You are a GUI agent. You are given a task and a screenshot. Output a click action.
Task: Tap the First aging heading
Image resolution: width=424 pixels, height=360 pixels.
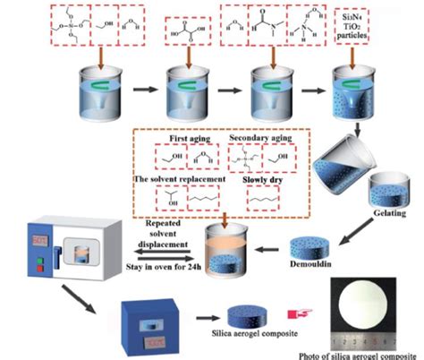[x=186, y=140]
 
